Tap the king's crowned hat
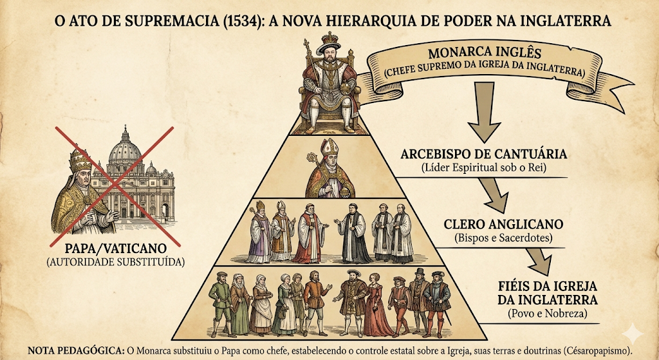[329, 43]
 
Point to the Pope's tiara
[80, 158]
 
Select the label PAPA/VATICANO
[116, 248]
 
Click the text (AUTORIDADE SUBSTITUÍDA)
[116, 262]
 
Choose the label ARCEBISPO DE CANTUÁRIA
[484, 154]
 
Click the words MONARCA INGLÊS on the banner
[485, 53]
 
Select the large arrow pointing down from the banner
[484, 111]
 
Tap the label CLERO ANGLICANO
[503, 224]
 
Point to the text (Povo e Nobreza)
[547, 314]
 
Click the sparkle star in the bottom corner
[633, 334]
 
